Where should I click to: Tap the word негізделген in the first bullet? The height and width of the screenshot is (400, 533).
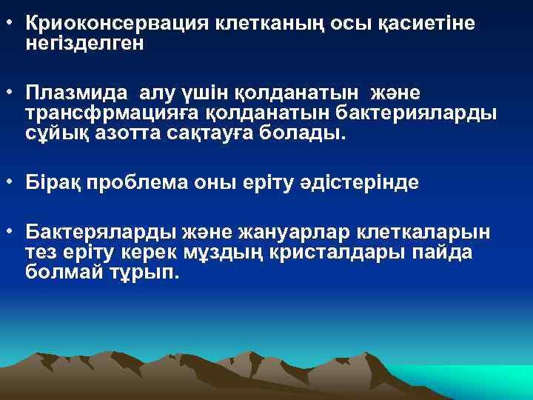[x=84, y=44]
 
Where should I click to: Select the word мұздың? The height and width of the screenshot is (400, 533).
[x=246, y=252]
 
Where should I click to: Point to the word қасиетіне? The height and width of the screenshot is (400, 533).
[x=423, y=24]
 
